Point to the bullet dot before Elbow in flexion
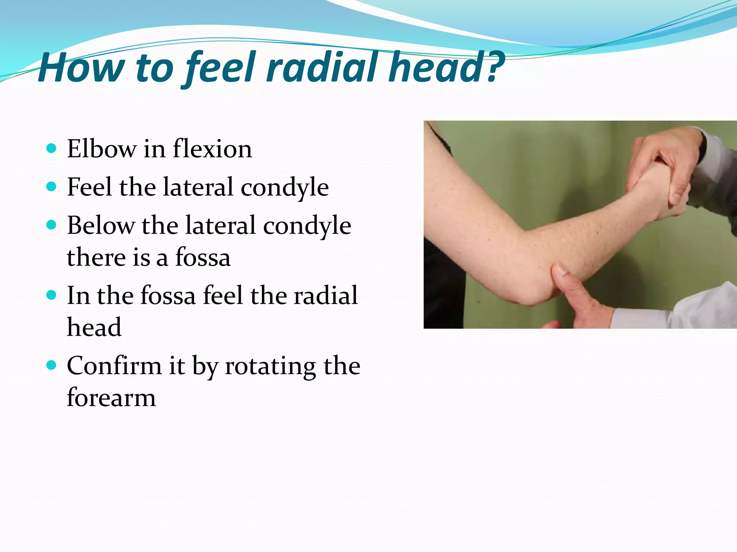click(52, 148)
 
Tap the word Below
click(100, 225)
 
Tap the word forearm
click(111, 398)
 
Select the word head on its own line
click(94, 327)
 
